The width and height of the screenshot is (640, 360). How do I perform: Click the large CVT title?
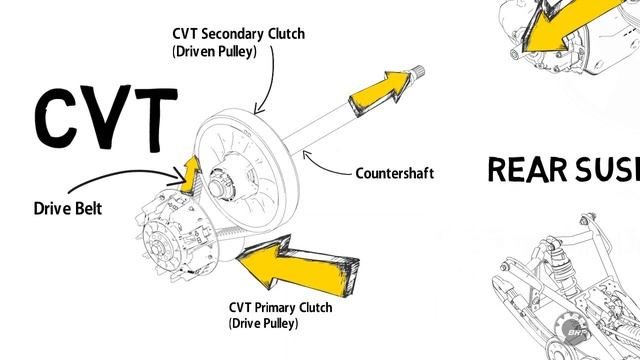(x=106, y=118)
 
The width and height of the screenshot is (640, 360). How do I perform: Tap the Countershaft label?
(x=395, y=173)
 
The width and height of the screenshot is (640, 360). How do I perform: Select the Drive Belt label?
(x=68, y=208)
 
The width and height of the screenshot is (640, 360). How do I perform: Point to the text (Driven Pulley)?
(x=214, y=52)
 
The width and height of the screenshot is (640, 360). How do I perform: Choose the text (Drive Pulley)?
(x=263, y=323)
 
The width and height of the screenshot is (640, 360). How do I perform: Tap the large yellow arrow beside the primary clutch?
(x=298, y=265)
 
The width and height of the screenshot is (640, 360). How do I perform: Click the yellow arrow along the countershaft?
(x=380, y=93)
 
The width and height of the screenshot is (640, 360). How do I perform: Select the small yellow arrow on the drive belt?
(x=190, y=174)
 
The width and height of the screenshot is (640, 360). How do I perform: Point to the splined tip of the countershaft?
(x=416, y=73)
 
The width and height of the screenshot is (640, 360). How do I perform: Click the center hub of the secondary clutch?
(x=216, y=187)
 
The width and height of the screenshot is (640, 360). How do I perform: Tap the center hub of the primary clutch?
(x=156, y=247)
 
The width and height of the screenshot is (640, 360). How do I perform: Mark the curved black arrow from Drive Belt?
(x=122, y=173)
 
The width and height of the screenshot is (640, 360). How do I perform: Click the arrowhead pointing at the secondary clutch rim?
(x=259, y=109)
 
